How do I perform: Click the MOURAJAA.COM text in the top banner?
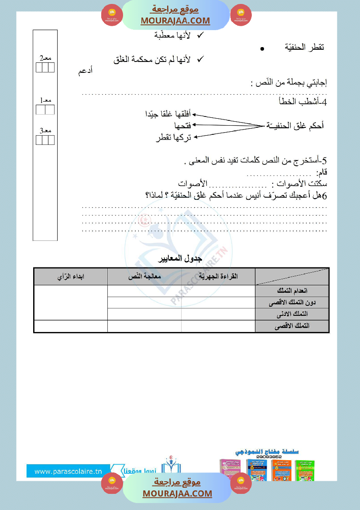click(x=175, y=21)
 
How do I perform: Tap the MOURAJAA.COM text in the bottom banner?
click(x=177, y=493)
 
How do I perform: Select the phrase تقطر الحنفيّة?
click(x=305, y=47)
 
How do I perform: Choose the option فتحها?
click(x=182, y=126)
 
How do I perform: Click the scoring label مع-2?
click(x=45, y=58)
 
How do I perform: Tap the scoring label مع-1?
click(x=45, y=100)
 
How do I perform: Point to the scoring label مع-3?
click(x=45, y=130)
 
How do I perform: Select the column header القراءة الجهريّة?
click(x=218, y=277)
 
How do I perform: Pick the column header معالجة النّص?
click(x=144, y=277)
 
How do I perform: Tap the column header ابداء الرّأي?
click(x=71, y=277)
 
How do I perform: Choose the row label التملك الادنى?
click(x=295, y=314)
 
